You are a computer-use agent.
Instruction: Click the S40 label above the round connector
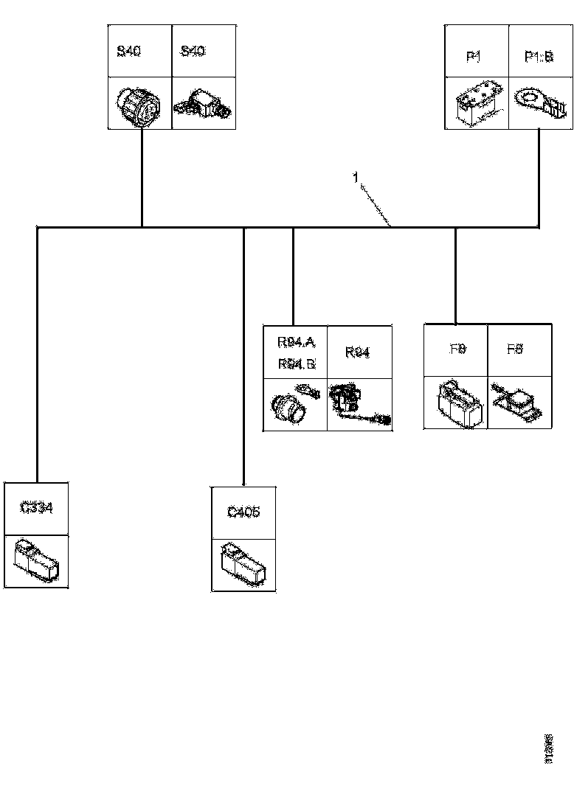(x=130, y=51)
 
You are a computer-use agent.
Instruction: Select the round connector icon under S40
(x=139, y=105)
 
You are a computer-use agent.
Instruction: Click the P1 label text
(x=473, y=58)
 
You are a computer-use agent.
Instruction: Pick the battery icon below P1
(x=476, y=105)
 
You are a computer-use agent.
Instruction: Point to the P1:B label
(x=539, y=58)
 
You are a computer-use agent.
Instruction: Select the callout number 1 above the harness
(x=356, y=178)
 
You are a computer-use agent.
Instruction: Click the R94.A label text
(x=296, y=341)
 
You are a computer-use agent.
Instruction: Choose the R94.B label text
(x=296, y=363)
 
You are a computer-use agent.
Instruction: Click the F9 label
(x=457, y=349)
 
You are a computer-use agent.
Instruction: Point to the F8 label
(x=515, y=349)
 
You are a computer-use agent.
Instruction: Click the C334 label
(x=36, y=508)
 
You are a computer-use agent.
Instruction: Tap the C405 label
(x=243, y=512)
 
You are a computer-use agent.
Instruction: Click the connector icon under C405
(x=243, y=565)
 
